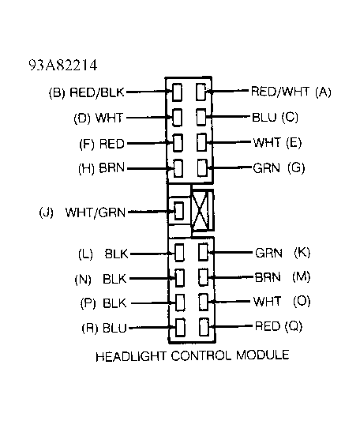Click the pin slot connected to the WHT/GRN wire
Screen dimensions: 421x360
179,212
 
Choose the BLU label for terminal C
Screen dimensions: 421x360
264,117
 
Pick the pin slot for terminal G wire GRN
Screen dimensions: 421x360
202,168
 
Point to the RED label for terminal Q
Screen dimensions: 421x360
266,325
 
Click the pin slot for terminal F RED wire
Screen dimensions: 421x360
178,144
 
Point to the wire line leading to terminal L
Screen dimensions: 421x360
150,254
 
